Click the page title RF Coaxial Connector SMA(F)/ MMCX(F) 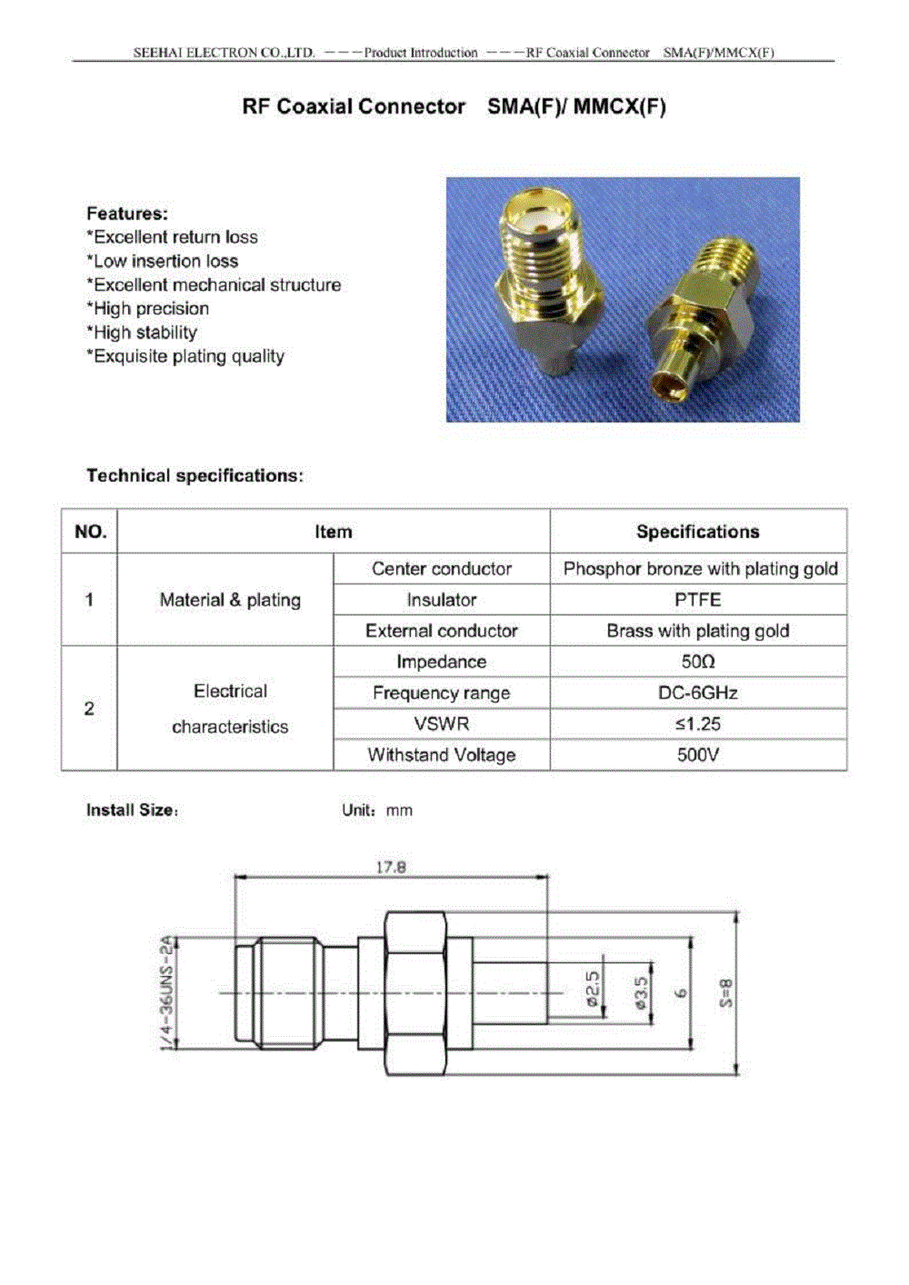454,107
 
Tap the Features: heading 127,214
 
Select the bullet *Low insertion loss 163,261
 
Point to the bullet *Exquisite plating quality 185,356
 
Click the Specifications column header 697,532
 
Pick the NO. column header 90,532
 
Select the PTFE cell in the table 697,600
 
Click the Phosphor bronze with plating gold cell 699,569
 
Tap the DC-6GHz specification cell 697,692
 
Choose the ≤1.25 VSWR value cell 697,723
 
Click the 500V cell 697,754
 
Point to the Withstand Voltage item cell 441,754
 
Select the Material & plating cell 230,600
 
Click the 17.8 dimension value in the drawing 391,867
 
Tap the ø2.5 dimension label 592,989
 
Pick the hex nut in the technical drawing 415,993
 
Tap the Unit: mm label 376,811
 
